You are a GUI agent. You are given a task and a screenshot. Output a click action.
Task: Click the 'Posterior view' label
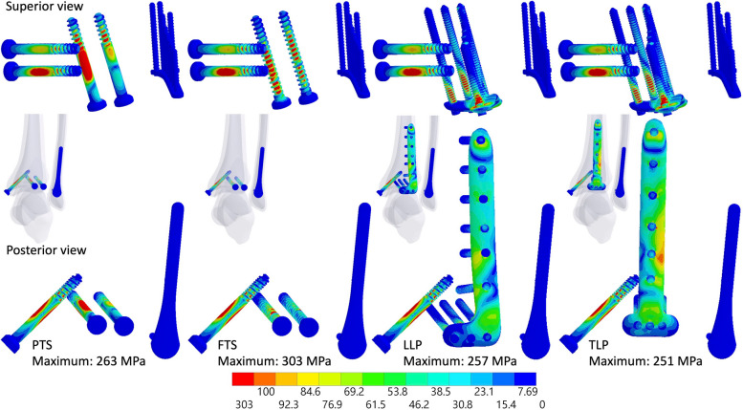point(47,250)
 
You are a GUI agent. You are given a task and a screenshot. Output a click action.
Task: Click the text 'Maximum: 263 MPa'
point(89,361)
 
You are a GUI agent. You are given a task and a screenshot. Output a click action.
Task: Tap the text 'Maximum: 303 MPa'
point(274,361)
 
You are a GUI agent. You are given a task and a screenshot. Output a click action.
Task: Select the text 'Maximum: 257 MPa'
point(460,361)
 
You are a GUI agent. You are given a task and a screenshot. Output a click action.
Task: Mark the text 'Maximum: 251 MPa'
point(645,361)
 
